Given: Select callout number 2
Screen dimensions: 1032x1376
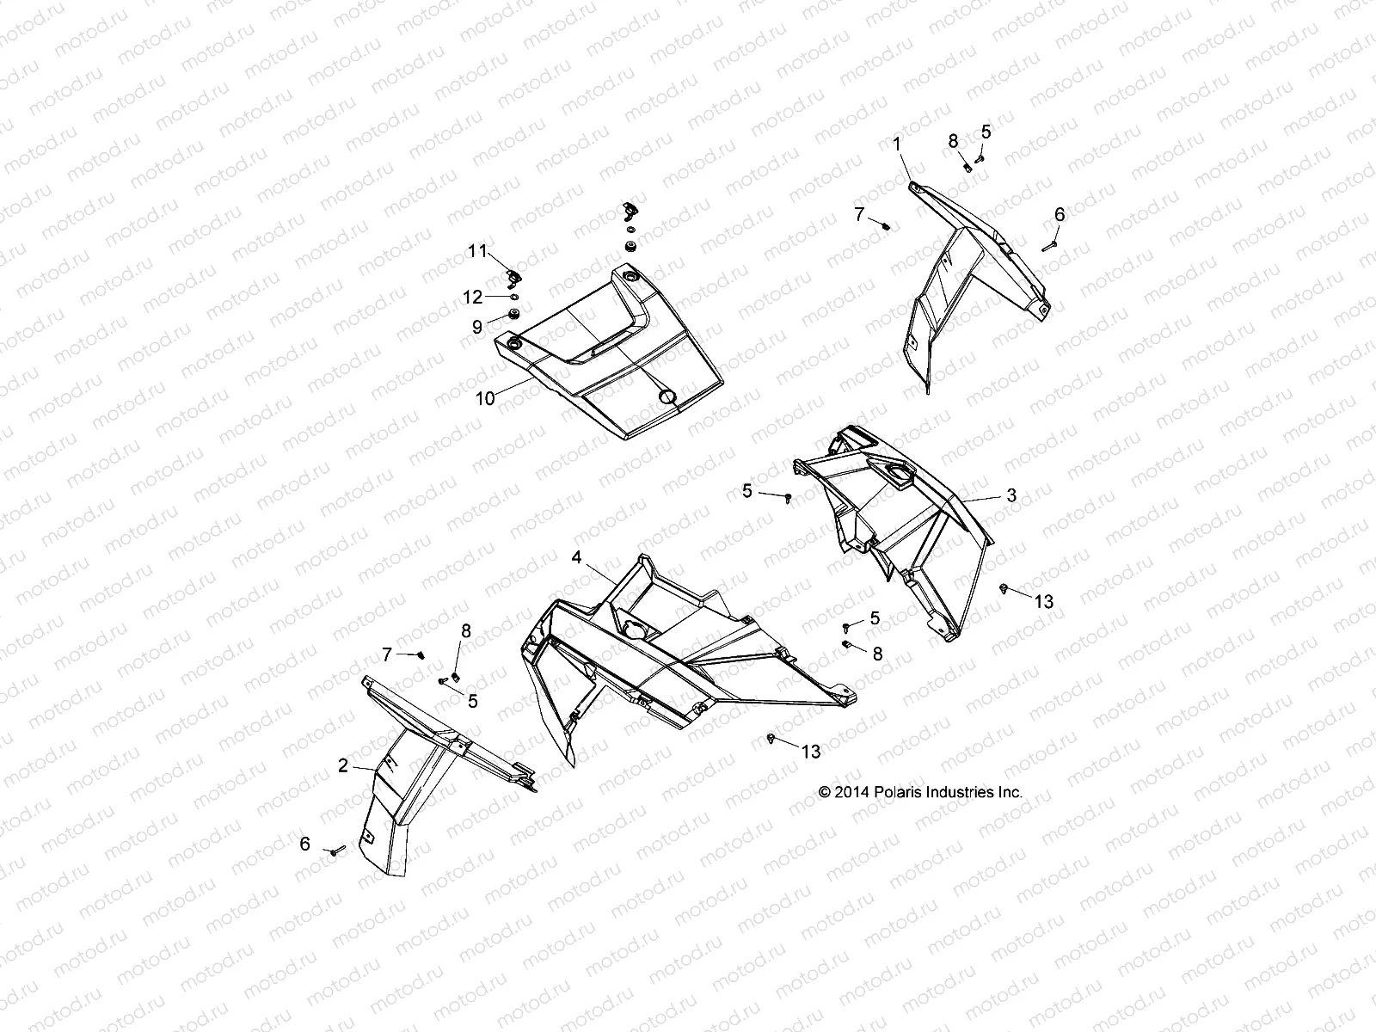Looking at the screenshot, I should (343, 765).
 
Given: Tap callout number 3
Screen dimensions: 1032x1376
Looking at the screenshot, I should (1011, 495).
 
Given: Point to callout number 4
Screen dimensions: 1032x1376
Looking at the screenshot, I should (576, 558).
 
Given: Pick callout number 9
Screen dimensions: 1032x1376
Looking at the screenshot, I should (476, 327).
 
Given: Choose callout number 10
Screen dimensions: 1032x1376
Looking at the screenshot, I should (485, 398).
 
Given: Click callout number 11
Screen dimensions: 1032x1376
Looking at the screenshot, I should (477, 250).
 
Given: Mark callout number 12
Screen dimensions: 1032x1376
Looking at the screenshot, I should (473, 298).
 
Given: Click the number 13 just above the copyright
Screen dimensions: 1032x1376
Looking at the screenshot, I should (811, 752).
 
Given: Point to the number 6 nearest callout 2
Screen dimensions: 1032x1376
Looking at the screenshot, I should (305, 844).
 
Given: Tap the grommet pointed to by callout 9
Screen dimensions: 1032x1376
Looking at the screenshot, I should (514, 315).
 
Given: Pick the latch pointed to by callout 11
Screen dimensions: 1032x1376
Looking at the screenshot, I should (515, 277).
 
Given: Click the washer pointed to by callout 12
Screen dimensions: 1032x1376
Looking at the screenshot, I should (513, 298).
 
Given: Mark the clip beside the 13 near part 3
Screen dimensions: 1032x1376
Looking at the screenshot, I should (1004, 587).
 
